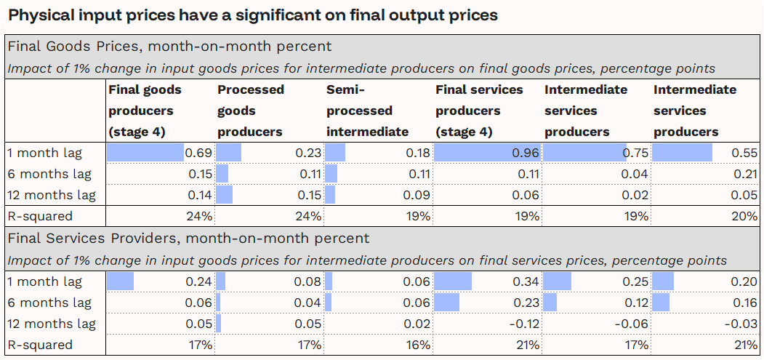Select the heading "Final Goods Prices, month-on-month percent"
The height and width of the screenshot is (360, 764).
click(169, 47)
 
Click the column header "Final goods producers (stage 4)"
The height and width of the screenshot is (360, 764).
click(145, 111)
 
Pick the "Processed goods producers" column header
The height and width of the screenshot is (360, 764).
click(251, 111)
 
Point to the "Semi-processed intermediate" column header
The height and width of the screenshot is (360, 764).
click(367, 111)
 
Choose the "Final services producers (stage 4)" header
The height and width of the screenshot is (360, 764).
click(479, 111)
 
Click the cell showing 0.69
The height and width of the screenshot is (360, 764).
click(198, 153)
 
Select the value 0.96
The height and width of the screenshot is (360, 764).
click(526, 153)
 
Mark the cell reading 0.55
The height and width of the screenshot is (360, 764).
click(744, 153)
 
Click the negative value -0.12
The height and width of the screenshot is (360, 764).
click(523, 324)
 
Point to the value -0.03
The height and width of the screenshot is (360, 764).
click(741, 324)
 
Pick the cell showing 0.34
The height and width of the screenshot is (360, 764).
click(526, 281)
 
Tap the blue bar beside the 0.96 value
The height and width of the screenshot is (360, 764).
click(487, 153)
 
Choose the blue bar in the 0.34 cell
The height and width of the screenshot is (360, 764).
click(453, 281)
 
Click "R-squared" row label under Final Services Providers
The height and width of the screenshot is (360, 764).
click(40, 345)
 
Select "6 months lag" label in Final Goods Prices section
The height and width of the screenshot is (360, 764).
click(51, 175)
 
